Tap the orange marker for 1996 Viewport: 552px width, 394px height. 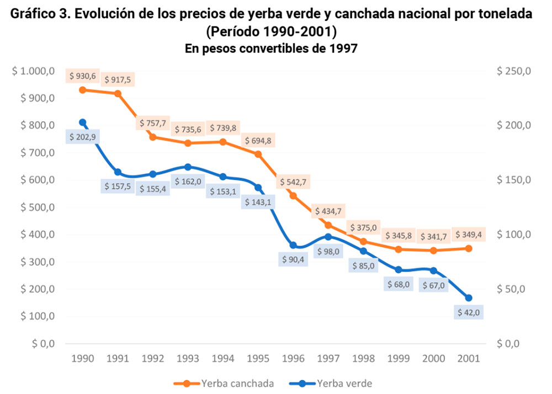[293, 196]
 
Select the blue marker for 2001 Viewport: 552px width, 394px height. [469, 298]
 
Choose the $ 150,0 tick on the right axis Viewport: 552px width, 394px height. [513, 180]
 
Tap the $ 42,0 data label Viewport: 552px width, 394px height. [469, 312]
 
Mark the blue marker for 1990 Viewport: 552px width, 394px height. [82, 123]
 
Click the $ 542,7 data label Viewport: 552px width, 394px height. [293, 182]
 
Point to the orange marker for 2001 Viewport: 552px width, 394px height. [469, 248]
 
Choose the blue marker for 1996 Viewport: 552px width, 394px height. [293, 246]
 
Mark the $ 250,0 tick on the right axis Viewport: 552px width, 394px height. [513, 71]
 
